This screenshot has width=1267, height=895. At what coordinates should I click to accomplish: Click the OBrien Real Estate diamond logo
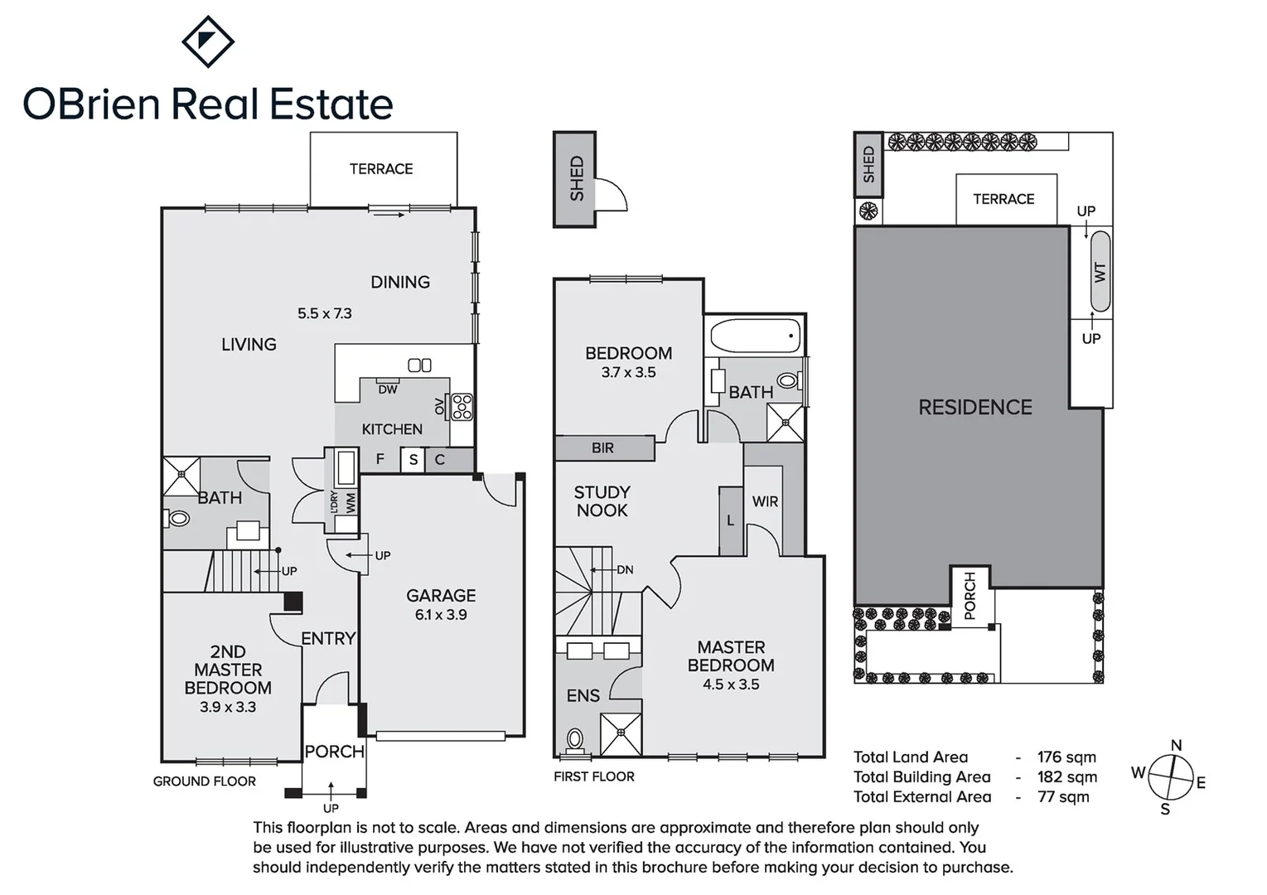[208, 41]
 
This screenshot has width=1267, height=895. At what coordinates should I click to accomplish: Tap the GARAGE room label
[441, 596]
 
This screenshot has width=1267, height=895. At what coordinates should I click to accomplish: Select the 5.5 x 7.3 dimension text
[325, 313]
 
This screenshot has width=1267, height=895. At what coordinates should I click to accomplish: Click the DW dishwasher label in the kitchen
[387, 389]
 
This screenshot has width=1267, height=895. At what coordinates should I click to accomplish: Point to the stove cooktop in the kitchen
[462, 407]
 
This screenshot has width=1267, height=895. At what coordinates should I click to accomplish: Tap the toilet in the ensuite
[573, 738]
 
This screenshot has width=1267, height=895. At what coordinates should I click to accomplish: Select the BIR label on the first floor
[602, 448]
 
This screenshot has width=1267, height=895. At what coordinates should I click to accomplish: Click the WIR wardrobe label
[765, 501]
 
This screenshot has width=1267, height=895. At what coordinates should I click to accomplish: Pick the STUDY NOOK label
[602, 501]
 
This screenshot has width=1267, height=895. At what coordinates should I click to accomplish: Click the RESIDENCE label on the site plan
[975, 408]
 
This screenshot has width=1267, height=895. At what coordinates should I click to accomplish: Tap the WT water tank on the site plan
[1100, 272]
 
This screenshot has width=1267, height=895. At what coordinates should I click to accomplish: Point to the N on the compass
[1176, 746]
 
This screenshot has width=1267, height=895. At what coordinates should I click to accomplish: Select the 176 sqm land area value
[1066, 757]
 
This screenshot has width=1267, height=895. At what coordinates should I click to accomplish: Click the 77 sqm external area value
[1063, 797]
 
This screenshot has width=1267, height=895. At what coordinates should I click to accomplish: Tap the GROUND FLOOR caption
[205, 781]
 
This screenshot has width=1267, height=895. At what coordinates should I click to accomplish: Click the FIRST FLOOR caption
[594, 776]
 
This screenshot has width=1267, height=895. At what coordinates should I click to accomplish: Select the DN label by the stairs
[625, 570]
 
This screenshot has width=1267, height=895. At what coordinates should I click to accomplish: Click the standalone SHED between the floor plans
[575, 178]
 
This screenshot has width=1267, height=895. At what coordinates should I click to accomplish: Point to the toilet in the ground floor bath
[177, 519]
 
